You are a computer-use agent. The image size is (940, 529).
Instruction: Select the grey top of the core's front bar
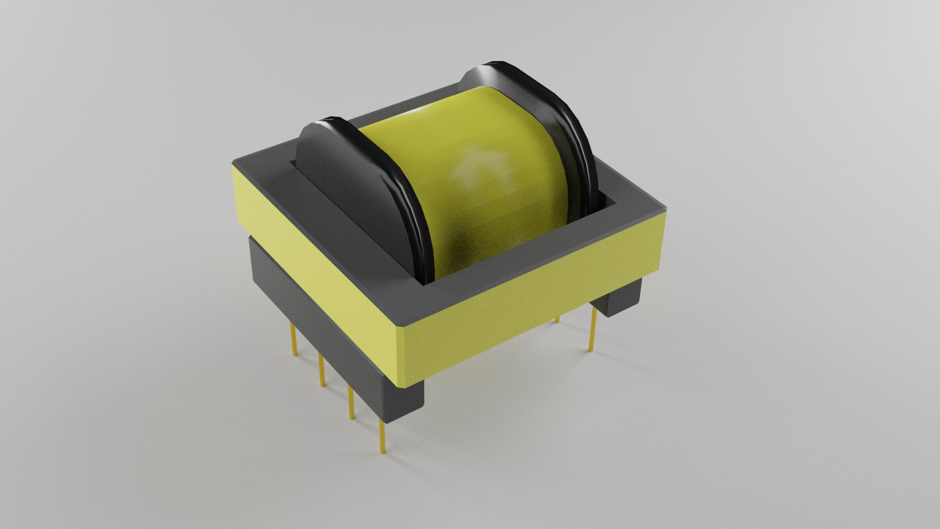529,255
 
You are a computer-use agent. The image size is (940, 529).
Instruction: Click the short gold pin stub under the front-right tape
557,320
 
